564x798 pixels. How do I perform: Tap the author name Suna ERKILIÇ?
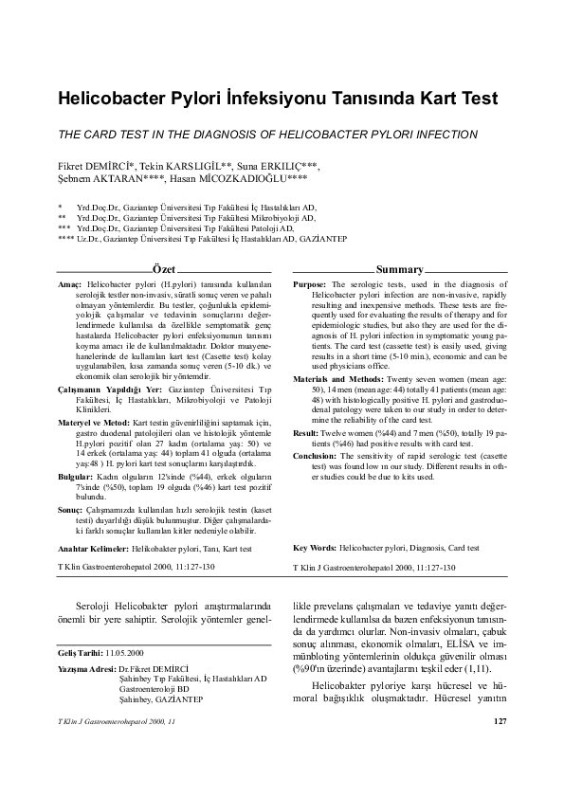point(281,167)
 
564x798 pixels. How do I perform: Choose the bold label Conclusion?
point(315,429)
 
